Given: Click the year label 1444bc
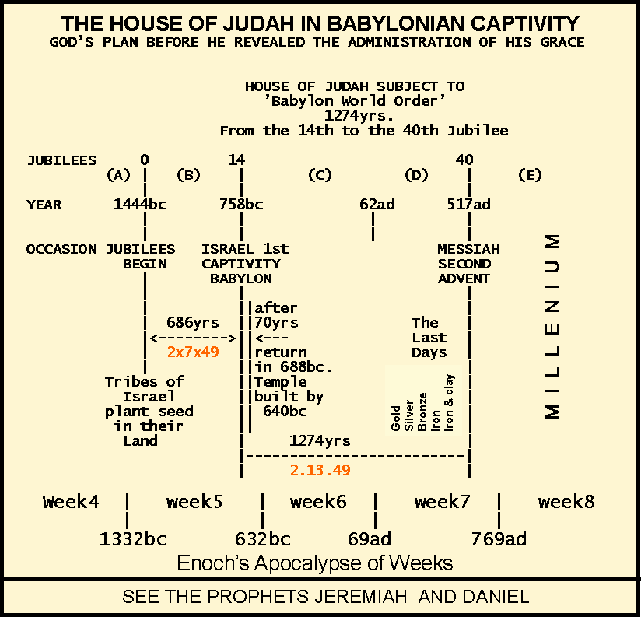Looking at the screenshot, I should pyautogui.click(x=140, y=205).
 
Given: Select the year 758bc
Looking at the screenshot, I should pyautogui.click(x=241, y=205).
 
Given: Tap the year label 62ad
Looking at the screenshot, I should pyautogui.click(x=377, y=205).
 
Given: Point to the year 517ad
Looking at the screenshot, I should pyautogui.click(x=469, y=205).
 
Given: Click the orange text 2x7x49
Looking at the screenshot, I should pyautogui.click(x=193, y=352).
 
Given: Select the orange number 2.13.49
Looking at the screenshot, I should pyautogui.click(x=320, y=470).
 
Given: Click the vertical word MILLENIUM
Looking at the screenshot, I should pyautogui.click(x=552, y=326).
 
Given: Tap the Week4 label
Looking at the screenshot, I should pyautogui.click(x=71, y=502).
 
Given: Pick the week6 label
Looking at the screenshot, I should pyautogui.click(x=318, y=502).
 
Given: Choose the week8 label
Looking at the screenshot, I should pyautogui.click(x=566, y=502).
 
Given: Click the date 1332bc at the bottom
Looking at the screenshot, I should pyautogui.click(x=132, y=538).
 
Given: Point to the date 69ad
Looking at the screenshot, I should pyautogui.click(x=370, y=538).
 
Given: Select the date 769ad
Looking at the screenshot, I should pyautogui.click(x=499, y=538).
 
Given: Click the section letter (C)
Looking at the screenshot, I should pyautogui.click(x=320, y=175).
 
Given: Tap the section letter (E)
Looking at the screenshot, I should pyautogui.click(x=529, y=175).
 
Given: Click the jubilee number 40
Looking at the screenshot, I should pyautogui.click(x=464, y=160).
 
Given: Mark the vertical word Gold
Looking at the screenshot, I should pyautogui.click(x=396, y=417).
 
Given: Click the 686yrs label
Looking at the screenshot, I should pyautogui.click(x=193, y=322).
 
